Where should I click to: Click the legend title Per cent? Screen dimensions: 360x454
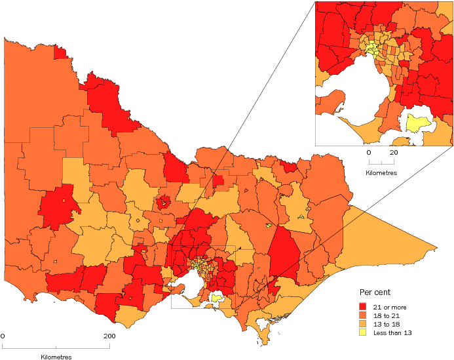[375, 292]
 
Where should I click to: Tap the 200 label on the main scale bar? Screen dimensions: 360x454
[109, 336]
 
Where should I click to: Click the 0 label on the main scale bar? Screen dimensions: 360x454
[3, 336]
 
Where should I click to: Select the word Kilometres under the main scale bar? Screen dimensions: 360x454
[55, 357]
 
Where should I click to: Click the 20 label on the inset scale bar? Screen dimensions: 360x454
[394, 152]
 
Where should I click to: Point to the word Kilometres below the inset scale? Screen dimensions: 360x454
[381, 174]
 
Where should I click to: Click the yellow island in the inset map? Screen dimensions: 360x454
[417, 123]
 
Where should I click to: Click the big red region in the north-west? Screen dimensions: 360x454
[108, 102]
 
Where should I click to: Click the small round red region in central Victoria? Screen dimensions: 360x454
[163, 201]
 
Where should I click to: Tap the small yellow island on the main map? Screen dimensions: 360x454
[216, 298]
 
